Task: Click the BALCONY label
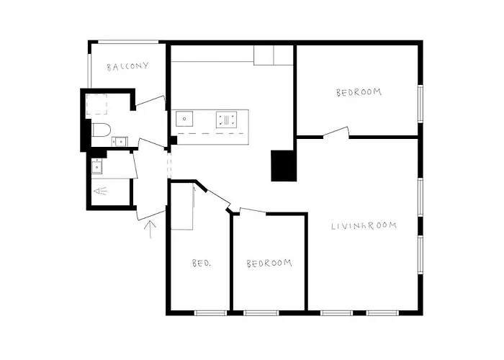pos(127,66)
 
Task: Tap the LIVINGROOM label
pos(364,225)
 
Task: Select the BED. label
pos(202,263)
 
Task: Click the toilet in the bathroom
pos(101,130)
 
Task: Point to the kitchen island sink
pos(184,119)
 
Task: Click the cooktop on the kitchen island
pos(226,120)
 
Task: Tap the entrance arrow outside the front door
pos(150,229)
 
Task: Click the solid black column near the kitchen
pos(283,166)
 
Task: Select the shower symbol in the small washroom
pos(101,192)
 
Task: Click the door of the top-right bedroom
pos(336,132)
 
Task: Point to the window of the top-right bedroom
pos(420,104)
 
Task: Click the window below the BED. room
pos(210,312)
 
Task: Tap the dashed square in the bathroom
pos(96,104)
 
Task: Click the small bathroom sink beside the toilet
pos(120,141)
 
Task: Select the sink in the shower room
pos(96,166)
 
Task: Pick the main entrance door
pos(151,215)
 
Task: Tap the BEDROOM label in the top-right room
pos(359,93)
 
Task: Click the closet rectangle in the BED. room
pos(182,207)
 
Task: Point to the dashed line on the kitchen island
pos(210,133)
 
